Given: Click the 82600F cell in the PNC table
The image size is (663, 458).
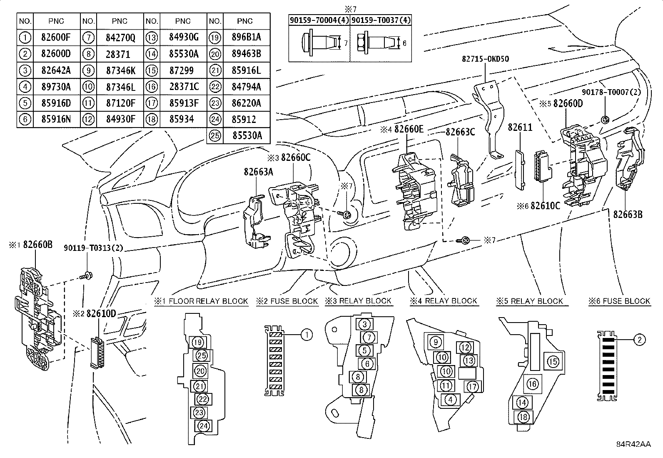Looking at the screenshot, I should tap(56, 37).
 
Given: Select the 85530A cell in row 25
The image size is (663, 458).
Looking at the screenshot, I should tap(245, 135).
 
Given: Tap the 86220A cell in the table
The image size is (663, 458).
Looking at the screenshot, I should tap(246, 103).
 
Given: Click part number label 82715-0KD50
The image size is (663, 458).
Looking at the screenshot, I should tap(485, 59).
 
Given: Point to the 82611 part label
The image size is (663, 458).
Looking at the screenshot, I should tap(520, 128).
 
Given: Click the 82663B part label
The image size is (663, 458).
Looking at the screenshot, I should tap(628, 214).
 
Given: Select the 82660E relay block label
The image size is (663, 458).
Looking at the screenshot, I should tap(409, 130).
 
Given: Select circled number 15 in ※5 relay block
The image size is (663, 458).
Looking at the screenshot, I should tap(553, 361).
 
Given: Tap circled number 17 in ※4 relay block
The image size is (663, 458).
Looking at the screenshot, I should tap(472, 387).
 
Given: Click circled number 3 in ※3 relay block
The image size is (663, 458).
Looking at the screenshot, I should tap(364, 324).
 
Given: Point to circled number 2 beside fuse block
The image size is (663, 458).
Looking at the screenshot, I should tap(639, 340).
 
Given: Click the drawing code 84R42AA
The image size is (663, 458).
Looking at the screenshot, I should tap(633, 444).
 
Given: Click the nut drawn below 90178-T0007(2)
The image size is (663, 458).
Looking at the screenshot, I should tap(605, 120).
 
